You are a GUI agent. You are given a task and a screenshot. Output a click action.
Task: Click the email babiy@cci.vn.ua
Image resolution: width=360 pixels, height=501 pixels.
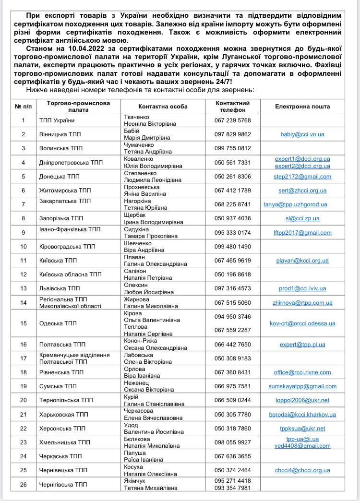302,134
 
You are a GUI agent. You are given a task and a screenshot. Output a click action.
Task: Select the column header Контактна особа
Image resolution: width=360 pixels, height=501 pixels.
163,107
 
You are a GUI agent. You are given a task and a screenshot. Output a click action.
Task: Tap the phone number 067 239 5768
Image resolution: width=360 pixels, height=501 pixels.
232,120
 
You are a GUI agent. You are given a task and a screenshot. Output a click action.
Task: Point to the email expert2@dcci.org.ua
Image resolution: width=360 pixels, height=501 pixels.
302,166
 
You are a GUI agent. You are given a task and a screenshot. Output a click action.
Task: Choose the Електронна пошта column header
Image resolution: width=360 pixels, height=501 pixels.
302,107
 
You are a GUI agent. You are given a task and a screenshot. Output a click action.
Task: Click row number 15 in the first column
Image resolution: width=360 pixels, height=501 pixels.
24,323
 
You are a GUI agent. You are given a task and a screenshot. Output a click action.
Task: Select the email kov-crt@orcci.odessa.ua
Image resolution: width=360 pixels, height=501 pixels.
302,323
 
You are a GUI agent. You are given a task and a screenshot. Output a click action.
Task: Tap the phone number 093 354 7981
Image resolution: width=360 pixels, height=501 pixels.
232,488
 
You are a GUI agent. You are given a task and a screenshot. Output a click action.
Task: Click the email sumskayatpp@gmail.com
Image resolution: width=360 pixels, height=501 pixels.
302,386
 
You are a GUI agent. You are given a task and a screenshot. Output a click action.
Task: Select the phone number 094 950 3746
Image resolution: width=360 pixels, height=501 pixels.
232,316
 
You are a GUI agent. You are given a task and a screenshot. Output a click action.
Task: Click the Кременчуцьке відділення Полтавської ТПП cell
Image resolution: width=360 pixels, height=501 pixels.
74,358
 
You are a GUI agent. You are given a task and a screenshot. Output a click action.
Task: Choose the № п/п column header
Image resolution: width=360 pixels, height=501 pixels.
24,107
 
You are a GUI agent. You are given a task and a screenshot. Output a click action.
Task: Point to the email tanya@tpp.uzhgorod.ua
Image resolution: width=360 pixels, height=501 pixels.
295,204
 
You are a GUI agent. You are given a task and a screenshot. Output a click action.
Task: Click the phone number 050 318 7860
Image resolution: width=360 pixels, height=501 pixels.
232,429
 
